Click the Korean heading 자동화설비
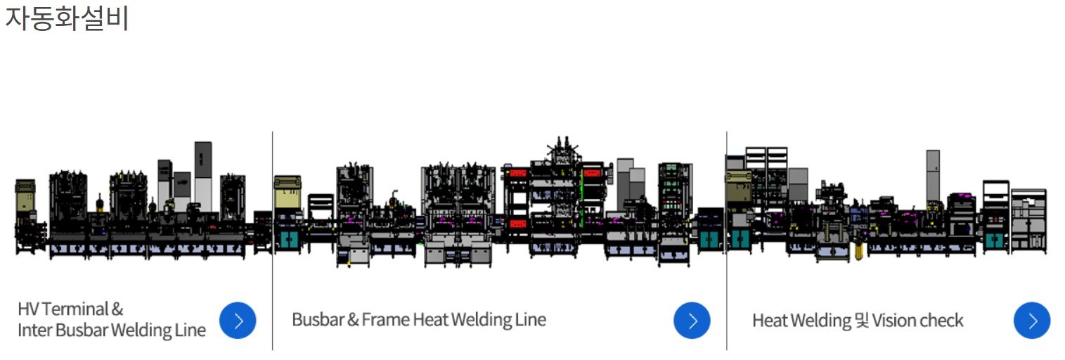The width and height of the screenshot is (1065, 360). (x=67, y=18)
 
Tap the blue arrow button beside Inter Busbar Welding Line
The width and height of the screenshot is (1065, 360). (x=238, y=321)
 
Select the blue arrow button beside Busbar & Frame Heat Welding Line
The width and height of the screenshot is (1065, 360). (x=692, y=321)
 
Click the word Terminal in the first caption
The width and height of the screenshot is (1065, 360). (x=75, y=309)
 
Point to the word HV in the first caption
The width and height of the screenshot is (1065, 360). (x=28, y=309)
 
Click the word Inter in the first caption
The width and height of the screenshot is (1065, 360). (x=34, y=330)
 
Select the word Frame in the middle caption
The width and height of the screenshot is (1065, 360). (x=385, y=320)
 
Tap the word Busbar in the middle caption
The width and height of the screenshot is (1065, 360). (x=318, y=320)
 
